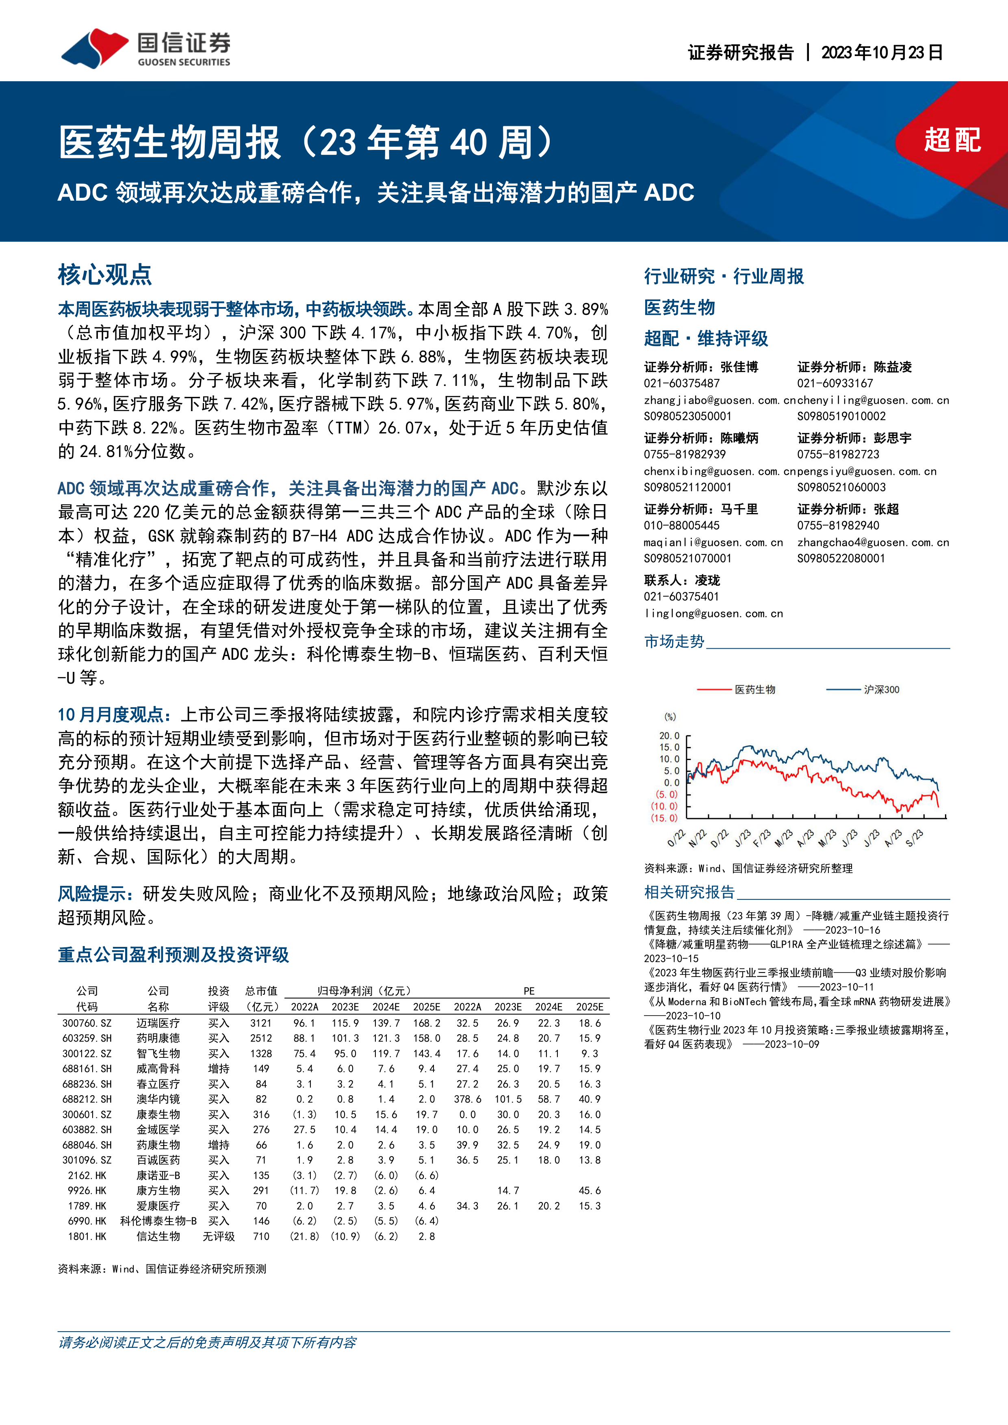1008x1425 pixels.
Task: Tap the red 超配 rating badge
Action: [952, 140]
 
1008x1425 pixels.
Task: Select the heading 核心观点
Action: [105, 274]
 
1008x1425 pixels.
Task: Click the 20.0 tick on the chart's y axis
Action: [669, 736]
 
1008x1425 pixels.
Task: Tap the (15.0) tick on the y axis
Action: [665, 818]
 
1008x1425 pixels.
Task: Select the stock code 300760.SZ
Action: [87, 1023]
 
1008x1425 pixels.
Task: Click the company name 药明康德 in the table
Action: [158, 1038]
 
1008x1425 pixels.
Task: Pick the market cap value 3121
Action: [261, 1023]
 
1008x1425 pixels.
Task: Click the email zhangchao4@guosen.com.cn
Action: [873, 542]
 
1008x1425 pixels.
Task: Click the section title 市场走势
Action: [674, 641]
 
